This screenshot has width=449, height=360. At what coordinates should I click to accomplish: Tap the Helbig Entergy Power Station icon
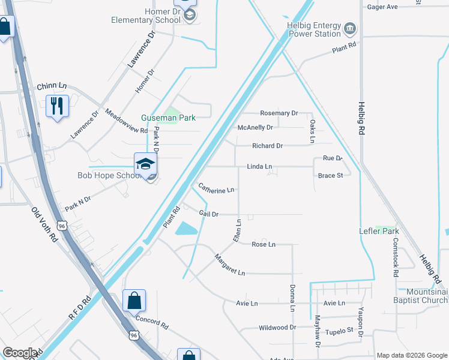coord(349,28)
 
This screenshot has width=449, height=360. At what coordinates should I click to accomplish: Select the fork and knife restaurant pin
coord(58,106)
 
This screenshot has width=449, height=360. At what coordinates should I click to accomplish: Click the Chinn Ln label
coord(51,86)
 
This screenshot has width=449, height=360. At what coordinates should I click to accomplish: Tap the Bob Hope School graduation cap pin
coord(145,164)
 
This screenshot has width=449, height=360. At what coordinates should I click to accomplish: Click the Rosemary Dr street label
coord(279,113)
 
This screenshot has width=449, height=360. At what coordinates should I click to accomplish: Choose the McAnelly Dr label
coord(255,127)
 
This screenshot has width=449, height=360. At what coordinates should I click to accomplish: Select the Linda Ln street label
coord(259,166)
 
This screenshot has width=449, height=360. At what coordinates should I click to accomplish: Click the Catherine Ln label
coord(216,190)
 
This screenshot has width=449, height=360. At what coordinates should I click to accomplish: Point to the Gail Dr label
coord(208,214)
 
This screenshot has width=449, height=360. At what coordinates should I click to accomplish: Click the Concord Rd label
coord(152,322)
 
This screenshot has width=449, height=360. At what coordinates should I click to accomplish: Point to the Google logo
coord(20,353)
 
